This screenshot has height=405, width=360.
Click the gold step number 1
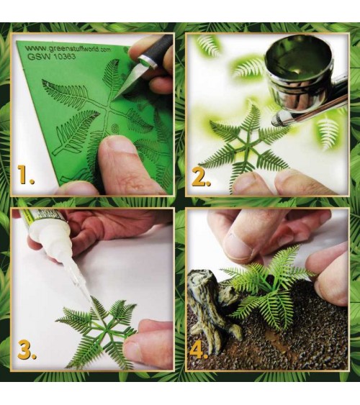tap(26, 175)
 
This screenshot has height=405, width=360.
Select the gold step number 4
tap(198, 349)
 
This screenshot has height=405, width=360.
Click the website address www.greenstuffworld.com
tap(69, 49)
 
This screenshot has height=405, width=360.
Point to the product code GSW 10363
tap(51, 57)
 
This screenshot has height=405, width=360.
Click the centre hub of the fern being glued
tap(105, 331)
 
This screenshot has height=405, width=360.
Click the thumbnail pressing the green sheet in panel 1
tap(118, 145)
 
